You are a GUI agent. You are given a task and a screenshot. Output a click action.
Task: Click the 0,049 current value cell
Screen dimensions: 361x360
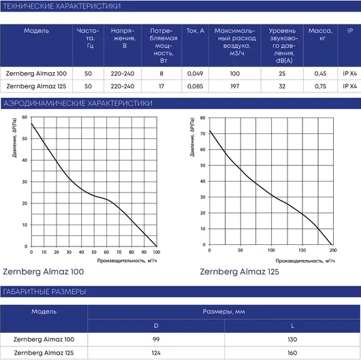(x=195, y=73)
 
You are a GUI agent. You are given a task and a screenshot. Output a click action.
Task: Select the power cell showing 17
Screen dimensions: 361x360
(x=161, y=86)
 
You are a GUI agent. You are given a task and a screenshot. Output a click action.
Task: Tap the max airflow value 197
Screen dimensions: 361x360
(x=234, y=86)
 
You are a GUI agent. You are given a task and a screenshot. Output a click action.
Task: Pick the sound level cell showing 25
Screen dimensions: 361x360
(x=282, y=73)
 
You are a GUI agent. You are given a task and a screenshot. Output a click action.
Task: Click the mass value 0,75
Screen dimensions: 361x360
(x=320, y=86)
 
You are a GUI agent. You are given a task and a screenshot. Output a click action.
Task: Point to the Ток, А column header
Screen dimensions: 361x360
(x=195, y=31)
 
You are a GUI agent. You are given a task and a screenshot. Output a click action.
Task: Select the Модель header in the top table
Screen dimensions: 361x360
(x=36, y=31)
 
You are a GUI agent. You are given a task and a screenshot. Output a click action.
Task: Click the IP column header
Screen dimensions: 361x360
(x=350, y=31)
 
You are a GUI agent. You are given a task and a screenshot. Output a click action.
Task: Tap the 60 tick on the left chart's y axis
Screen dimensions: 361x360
(x=25, y=117)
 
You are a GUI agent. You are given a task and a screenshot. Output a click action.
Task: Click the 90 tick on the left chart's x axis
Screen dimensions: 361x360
(x=144, y=252)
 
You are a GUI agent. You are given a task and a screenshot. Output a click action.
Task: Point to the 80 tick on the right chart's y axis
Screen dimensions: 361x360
(x=202, y=118)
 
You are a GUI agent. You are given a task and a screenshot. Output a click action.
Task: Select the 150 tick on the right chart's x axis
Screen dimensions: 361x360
(x=302, y=250)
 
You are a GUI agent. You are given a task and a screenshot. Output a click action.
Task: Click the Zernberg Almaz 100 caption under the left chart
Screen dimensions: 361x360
(x=44, y=272)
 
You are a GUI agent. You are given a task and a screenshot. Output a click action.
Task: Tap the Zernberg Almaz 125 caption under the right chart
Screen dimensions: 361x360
(x=240, y=272)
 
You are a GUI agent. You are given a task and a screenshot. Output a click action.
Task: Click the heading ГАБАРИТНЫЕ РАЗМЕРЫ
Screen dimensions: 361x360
(x=44, y=292)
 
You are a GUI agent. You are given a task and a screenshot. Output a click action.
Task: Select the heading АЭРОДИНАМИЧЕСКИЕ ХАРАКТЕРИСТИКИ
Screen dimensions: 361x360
(x=78, y=103)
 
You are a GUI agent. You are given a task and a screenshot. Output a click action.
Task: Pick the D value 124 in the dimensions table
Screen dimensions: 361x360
(x=156, y=353)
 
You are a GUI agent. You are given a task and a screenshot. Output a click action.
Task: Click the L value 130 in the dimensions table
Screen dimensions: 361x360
(x=292, y=340)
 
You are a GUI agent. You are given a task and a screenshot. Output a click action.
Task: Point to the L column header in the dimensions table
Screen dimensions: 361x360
(x=292, y=326)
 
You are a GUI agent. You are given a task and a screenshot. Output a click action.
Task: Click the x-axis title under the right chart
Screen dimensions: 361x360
(x=305, y=261)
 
